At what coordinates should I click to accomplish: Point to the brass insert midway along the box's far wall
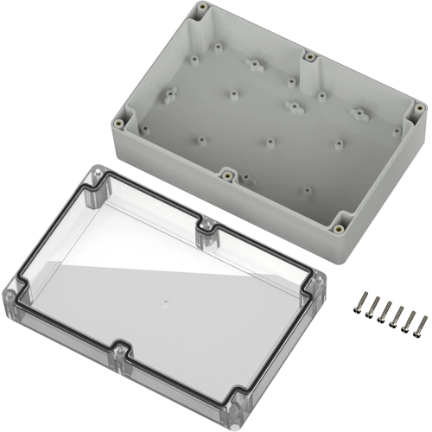point(308,58)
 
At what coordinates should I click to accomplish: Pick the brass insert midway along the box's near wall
point(226,174)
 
